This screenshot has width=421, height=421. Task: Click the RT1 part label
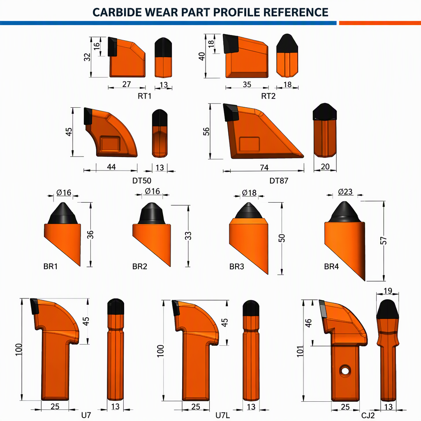pyautogui.click(x=144, y=96)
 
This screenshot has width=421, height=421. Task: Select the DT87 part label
pyautogui.click(x=279, y=181)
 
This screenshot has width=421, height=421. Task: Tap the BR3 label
pyautogui.click(x=236, y=266)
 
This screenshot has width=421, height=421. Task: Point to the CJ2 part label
pyautogui.click(x=368, y=415)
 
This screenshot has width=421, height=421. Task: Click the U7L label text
pyautogui.click(x=222, y=415)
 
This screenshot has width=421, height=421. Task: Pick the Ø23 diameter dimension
pyautogui.click(x=345, y=192)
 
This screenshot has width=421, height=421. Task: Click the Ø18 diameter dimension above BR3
pyautogui.click(x=249, y=193)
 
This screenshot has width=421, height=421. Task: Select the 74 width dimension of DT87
pyautogui.click(x=264, y=167)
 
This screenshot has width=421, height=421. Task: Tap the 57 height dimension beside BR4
pyautogui.click(x=384, y=241)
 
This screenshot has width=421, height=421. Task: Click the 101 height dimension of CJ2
pyautogui.click(x=300, y=351)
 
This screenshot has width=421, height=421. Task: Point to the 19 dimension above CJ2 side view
pyautogui.click(x=388, y=291)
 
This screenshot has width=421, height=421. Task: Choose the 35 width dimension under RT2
pyautogui.click(x=247, y=84)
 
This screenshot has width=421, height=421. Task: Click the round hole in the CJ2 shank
pyautogui.click(x=345, y=371)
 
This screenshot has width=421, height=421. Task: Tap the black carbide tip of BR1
pyautogui.click(x=63, y=213)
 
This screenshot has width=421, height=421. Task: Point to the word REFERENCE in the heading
pyautogui.click(x=296, y=12)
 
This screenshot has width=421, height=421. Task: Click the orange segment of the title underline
pyautogui.click(x=380, y=23)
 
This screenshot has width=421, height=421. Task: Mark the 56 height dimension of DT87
pyautogui.click(x=206, y=131)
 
